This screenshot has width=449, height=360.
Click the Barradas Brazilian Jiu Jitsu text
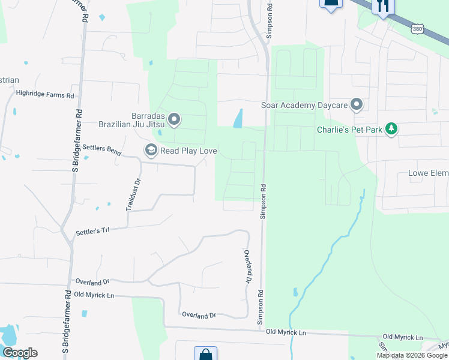(x=131, y=121)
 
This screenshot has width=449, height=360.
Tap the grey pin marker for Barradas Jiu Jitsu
(x=174, y=120)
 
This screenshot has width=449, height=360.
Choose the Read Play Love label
(x=188, y=151)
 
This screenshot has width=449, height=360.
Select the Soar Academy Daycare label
(x=304, y=106)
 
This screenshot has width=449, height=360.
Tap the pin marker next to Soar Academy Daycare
(x=357, y=105)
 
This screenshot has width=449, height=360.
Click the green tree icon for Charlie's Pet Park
(x=391, y=128)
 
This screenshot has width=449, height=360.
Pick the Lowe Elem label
(x=428, y=173)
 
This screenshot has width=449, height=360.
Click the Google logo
(x=20, y=353)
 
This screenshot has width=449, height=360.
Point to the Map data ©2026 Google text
(x=411, y=355)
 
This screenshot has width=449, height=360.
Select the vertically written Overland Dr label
(x=247, y=267)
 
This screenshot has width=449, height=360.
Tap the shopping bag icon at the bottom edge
(x=205, y=354)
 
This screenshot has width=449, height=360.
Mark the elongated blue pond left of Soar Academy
(x=238, y=118)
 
